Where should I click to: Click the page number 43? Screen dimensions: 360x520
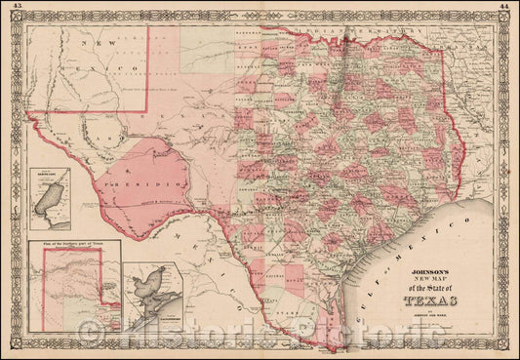click(11, 8)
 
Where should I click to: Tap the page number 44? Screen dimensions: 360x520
click(508, 8)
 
